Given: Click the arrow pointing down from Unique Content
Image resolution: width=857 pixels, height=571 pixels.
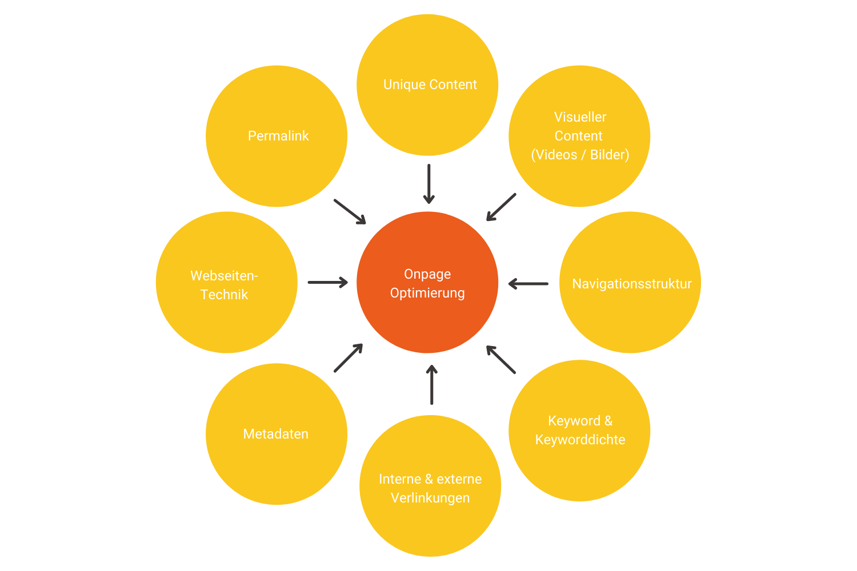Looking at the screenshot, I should point(428,184).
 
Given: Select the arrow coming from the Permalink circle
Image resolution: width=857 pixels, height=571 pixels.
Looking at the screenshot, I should point(350,211).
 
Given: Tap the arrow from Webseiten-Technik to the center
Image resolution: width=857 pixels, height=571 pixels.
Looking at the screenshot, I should point(327,282).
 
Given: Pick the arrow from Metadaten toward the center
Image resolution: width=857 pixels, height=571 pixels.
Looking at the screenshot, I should point(349,358).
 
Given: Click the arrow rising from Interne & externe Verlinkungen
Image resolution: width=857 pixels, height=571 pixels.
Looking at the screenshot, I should point(432,385).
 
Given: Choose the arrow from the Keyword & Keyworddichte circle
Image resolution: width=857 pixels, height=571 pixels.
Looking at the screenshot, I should point(501,360).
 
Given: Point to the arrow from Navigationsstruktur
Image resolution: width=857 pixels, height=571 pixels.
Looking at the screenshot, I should point(528,283).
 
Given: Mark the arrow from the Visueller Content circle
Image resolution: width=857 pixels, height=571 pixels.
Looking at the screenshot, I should point(501,207).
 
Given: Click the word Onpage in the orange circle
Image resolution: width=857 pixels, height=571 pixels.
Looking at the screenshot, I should point(427,274).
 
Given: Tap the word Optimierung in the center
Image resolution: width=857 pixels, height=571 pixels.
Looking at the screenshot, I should point(427,293).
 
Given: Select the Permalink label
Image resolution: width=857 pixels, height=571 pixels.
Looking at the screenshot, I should point(278,136).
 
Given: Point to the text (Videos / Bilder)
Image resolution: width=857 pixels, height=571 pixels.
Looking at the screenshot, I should point(580,155).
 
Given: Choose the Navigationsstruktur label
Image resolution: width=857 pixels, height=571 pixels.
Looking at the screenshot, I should point(632,284).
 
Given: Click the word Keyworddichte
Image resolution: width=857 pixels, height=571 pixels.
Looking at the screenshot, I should point(580,440).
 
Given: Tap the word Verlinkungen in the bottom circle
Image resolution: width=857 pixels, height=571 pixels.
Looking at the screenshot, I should point(430,498).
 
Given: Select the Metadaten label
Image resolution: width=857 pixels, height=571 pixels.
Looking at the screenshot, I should point(276,434).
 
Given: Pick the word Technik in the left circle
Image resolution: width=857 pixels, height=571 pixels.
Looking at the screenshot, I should point(224,295).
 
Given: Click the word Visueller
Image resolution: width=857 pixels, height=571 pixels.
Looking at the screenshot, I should point(580,117).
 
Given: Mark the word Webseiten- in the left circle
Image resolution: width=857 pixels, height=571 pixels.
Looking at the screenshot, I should point(224,276).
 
